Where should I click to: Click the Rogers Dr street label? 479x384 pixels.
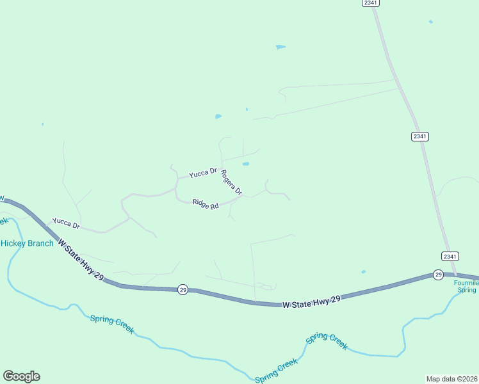pyautogui.click(x=232, y=182)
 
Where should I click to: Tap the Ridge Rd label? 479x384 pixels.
pyautogui.click(x=206, y=205)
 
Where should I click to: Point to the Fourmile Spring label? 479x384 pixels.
pyautogui.click(x=467, y=286)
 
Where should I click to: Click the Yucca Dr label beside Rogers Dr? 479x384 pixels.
pyautogui.click(x=203, y=173)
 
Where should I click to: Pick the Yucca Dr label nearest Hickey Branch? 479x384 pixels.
pyautogui.click(x=66, y=223)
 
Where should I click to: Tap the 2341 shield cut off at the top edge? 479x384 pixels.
pyautogui.click(x=370, y=3)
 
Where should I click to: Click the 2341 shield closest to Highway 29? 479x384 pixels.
pyautogui.click(x=450, y=256)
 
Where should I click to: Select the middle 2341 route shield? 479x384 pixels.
pyautogui.click(x=420, y=136)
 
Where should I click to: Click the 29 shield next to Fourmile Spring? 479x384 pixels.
pyautogui.click(x=438, y=275)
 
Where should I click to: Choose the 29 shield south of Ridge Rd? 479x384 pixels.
pyautogui.click(x=183, y=289)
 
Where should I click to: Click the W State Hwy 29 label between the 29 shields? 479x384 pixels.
pyautogui.click(x=311, y=301)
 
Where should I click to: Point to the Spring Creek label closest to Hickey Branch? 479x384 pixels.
pyautogui.click(x=112, y=324)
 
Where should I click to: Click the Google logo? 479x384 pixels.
pyautogui.click(x=22, y=376)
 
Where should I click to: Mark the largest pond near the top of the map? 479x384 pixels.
pyautogui.click(x=280, y=47)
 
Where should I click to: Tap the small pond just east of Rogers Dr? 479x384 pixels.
pyautogui.click(x=246, y=164)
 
